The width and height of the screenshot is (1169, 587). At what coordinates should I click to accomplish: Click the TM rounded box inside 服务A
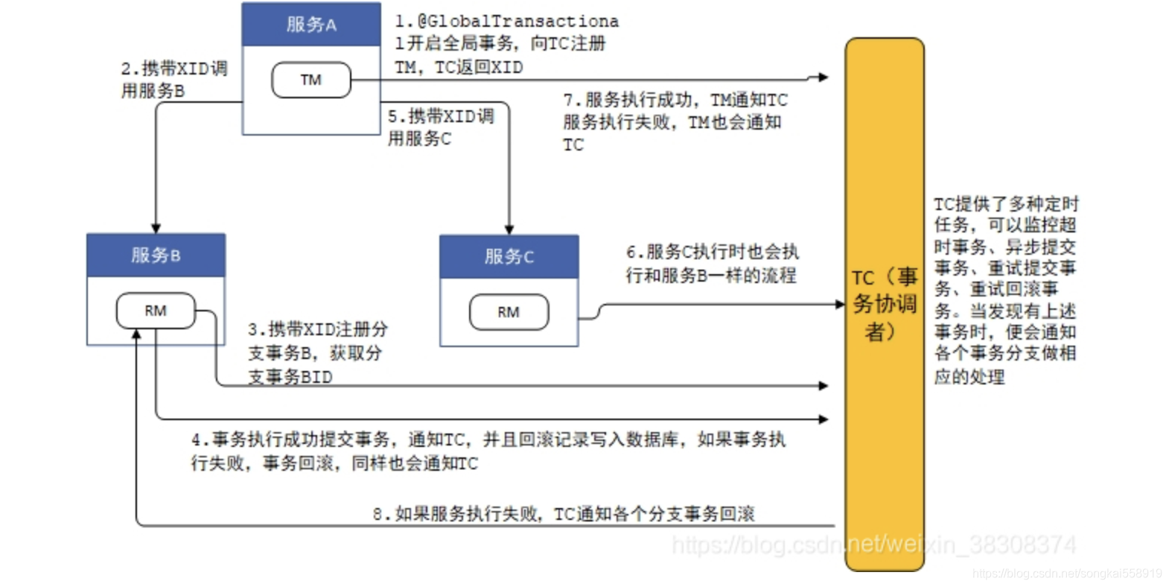[x=310, y=80]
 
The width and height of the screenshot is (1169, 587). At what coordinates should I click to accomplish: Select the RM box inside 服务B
[x=155, y=311]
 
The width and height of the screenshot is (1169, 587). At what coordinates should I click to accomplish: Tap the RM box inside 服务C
[x=509, y=312]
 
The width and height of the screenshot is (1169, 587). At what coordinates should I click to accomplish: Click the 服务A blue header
[x=311, y=25]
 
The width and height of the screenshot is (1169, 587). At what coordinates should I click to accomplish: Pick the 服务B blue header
[x=156, y=256]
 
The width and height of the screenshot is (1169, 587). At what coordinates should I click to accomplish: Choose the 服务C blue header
[x=509, y=257]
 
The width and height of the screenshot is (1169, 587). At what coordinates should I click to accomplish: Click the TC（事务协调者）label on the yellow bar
[x=885, y=304]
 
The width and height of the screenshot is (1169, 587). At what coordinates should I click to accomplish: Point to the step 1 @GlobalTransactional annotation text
[x=506, y=44]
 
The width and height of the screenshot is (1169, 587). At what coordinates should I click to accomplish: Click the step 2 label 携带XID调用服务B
[x=173, y=80]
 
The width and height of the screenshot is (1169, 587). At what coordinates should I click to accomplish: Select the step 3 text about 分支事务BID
[x=318, y=353]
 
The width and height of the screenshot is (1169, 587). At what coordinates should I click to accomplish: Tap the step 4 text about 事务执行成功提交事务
[x=488, y=451]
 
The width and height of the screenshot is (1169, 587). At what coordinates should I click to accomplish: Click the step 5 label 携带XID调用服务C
[x=440, y=127]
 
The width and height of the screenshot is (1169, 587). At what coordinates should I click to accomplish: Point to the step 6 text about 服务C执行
[x=712, y=264]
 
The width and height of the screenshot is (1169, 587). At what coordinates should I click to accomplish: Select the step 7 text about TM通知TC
[x=675, y=121]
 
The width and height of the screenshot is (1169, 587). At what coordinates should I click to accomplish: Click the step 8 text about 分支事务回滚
[x=564, y=514]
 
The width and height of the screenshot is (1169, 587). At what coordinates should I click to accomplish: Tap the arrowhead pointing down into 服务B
[x=156, y=228]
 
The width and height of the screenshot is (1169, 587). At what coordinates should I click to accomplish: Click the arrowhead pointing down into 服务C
[x=509, y=229]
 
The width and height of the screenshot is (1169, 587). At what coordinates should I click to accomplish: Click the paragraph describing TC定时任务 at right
[x=1005, y=290]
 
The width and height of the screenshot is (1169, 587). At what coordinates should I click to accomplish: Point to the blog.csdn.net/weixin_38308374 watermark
[x=873, y=545]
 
